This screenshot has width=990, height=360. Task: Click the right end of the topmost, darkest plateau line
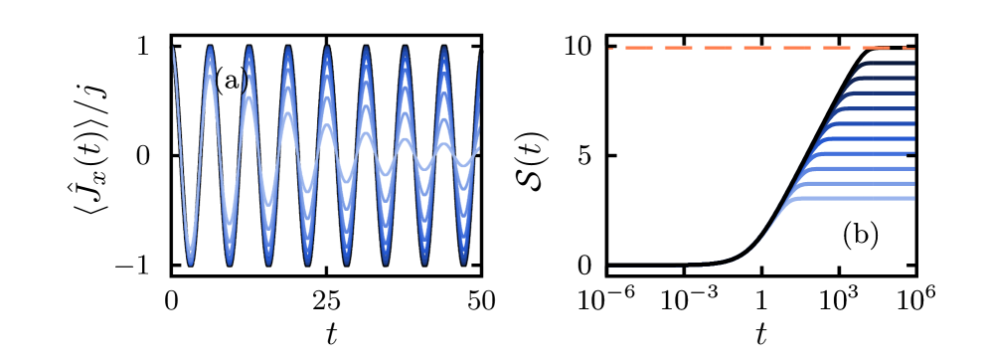(x=912, y=64)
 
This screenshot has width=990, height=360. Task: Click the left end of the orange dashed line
(x=610, y=48)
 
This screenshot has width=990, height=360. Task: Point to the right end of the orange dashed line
(x=912, y=48)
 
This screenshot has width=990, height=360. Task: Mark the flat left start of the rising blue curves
(x=610, y=265)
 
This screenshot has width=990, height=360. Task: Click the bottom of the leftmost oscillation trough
(x=191, y=264)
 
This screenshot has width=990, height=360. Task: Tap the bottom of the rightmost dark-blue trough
(x=463, y=264)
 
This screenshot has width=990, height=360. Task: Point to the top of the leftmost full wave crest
(x=210, y=48)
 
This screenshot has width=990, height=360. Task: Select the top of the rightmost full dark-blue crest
(x=443, y=48)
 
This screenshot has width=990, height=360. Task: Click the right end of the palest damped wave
(x=479, y=149)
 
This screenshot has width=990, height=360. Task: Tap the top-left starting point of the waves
(x=173, y=48)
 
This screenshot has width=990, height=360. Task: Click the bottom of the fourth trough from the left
(x=307, y=264)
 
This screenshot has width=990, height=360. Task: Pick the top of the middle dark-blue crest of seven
(x=326, y=48)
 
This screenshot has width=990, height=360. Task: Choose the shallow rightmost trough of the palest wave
(x=463, y=164)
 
